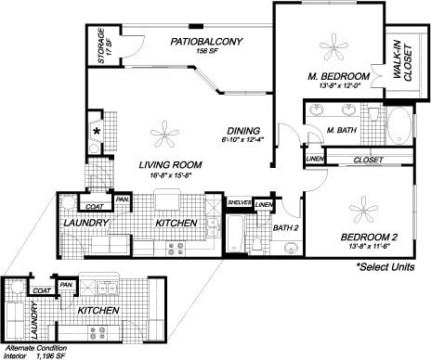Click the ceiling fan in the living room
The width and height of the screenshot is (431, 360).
pos(165,135)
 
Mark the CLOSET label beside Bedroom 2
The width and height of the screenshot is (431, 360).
pos(370,161)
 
